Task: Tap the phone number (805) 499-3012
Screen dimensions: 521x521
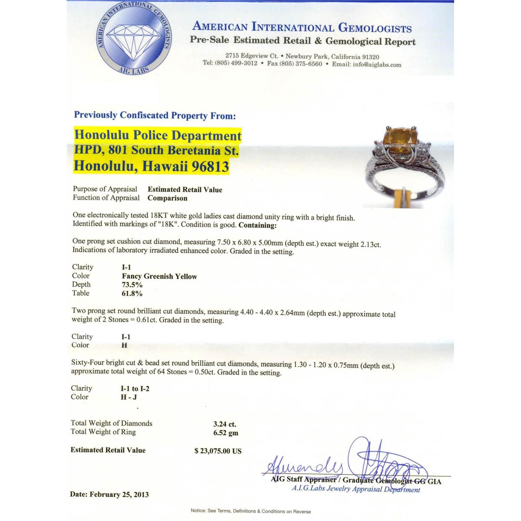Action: point(236,63)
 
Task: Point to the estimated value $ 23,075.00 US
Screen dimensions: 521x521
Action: point(218,451)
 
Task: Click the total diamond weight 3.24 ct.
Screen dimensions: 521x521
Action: point(224,424)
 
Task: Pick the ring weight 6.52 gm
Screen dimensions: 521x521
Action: point(225,433)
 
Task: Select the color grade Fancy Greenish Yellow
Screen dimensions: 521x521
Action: point(159,276)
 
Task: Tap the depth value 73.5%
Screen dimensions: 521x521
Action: point(132,285)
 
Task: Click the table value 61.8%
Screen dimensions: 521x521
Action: point(132,293)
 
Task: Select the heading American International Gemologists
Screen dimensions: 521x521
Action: point(302,27)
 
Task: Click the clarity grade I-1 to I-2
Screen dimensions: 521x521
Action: point(135,389)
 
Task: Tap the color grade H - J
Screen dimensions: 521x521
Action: point(129,397)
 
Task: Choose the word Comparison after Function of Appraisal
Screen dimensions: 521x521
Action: point(168,198)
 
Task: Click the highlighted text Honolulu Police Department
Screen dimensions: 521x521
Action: point(158,135)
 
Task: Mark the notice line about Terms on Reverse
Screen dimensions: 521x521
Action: point(251,511)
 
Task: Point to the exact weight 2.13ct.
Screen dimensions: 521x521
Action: point(368,244)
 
